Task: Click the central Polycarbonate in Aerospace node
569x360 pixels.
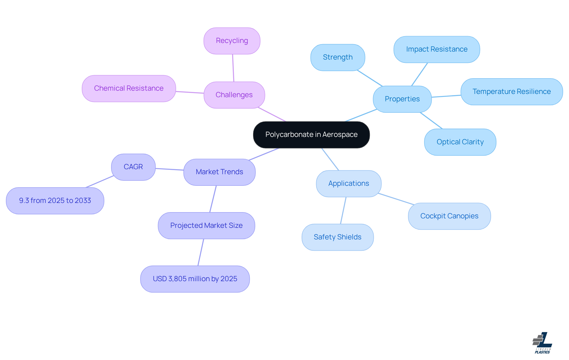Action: [x=311, y=135]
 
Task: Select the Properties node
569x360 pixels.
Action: [x=402, y=99]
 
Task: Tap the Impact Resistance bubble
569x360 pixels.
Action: [x=437, y=49]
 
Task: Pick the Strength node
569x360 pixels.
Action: [x=338, y=57]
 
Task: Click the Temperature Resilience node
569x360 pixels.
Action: [x=512, y=92]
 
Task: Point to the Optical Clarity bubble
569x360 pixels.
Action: [x=460, y=142]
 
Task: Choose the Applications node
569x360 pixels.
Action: [x=349, y=183]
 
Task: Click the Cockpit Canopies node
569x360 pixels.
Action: [x=449, y=216]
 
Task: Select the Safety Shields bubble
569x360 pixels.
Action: [x=338, y=237]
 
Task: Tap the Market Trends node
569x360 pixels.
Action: [x=219, y=172]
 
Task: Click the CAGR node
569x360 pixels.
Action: [x=133, y=167]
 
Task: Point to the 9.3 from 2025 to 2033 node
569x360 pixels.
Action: [x=55, y=201]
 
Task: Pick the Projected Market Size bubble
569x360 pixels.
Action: [x=206, y=225]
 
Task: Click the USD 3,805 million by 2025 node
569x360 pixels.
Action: [x=195, y=279]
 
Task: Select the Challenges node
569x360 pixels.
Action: [x=234, y=95]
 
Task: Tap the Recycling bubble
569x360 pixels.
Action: [x=232, y=41]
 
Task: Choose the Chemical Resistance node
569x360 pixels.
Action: [x=129, y=88]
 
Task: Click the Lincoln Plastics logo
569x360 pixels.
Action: [x=542, y=343]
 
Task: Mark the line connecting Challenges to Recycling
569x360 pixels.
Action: [x=233, y=68]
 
